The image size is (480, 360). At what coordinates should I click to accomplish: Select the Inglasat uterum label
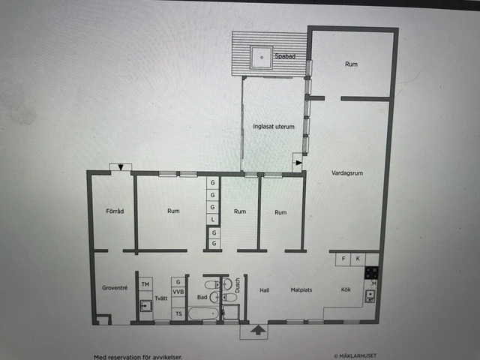(x=273, y=127)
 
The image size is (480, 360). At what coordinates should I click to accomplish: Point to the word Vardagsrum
(x=347, y=173)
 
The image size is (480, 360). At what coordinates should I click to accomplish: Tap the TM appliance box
(x=145, y=285)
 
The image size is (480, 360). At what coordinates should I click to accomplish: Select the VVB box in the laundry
(x=178, y=292)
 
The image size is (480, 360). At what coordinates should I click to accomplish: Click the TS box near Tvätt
(x=178, y=313)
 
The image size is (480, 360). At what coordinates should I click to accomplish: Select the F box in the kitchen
(x=344, y=259)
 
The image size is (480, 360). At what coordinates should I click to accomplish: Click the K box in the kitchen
(x=358, y=259)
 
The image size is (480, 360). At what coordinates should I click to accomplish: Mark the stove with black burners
(x=370, y=274)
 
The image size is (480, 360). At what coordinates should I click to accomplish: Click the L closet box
(x=213, y=219)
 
